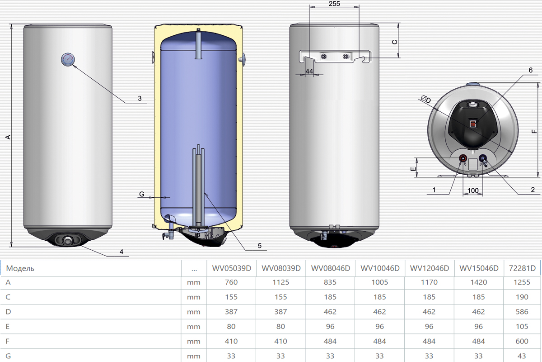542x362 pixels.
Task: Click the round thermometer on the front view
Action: (x=68, y=59)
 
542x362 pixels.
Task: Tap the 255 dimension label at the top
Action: (x=334, y=4)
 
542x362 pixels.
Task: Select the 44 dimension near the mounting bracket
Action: (x=309, y=71)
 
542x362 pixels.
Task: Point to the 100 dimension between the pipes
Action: (x=473, y=191)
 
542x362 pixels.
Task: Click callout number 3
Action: (x=140, y=98)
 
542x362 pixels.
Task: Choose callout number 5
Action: (x=260, y=246)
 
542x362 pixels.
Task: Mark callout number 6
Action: (x=531, y=70)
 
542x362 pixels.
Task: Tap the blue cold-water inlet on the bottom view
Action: (x=482, y=158)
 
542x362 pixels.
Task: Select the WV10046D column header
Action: (x=380, y=268)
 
